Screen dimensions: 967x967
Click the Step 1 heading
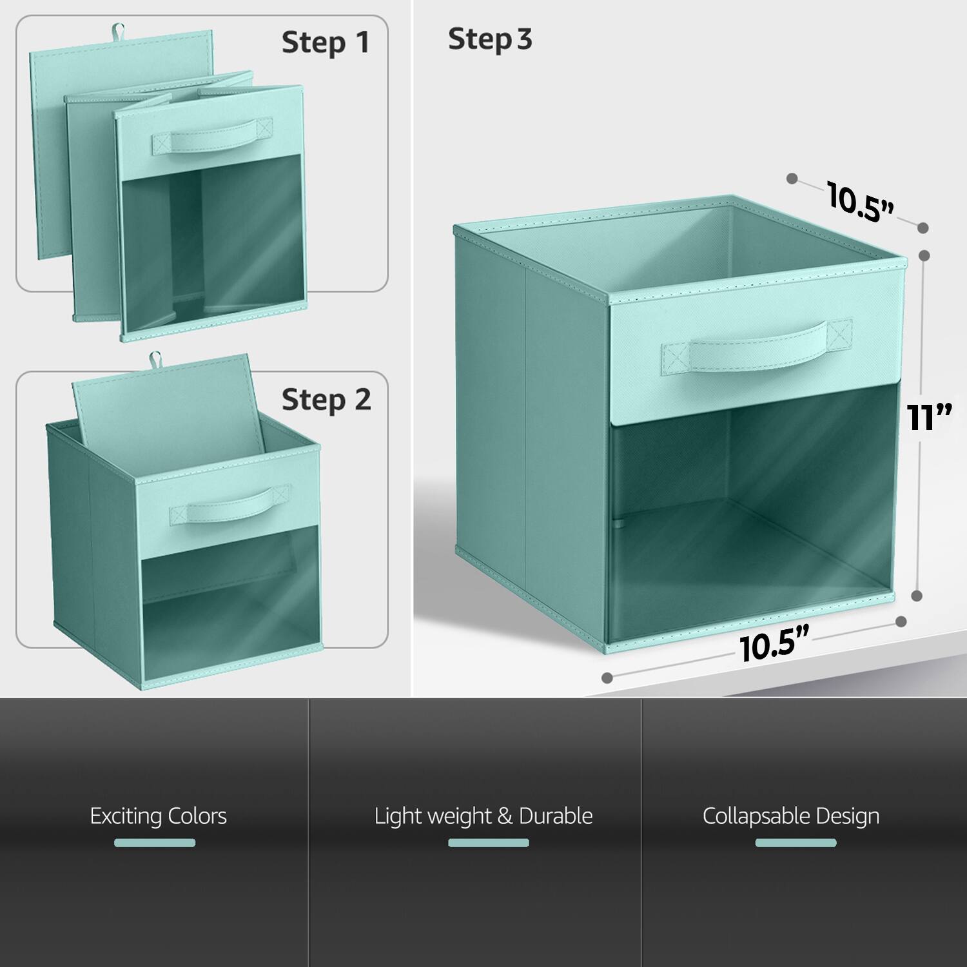tap(326, 43)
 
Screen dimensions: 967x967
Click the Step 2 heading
tap(326, 400)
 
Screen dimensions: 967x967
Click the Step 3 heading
tap(490, 39)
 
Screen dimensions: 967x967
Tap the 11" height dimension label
tap(929, 417)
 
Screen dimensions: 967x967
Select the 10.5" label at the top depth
tap(861, 202)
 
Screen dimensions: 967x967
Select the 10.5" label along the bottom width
tap(774, 645)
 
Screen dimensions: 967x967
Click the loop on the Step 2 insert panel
tap(155, 358)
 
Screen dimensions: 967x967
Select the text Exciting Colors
tap(158, 816)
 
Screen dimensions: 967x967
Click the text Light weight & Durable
tap(484, 816)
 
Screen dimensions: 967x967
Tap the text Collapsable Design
tap(791, 816)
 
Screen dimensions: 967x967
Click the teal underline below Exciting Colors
tap(155, 843)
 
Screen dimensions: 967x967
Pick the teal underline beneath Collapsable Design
tap(796, 843)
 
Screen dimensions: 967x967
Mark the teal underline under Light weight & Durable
tap(488, 843)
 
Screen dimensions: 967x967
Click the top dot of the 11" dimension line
tap(924, 255)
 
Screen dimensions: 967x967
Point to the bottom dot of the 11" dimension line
tap(917, 596)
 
